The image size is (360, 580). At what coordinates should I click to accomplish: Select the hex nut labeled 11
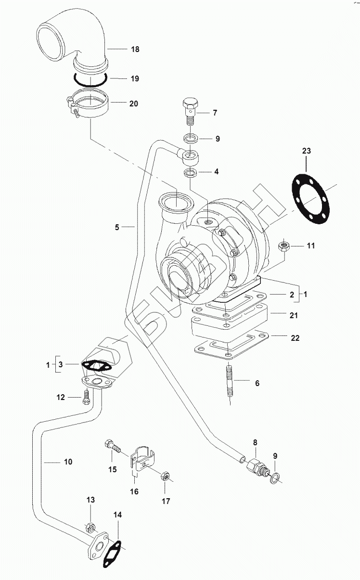[x=284, y=246]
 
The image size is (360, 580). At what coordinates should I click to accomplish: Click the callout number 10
[x=67, y=462]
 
